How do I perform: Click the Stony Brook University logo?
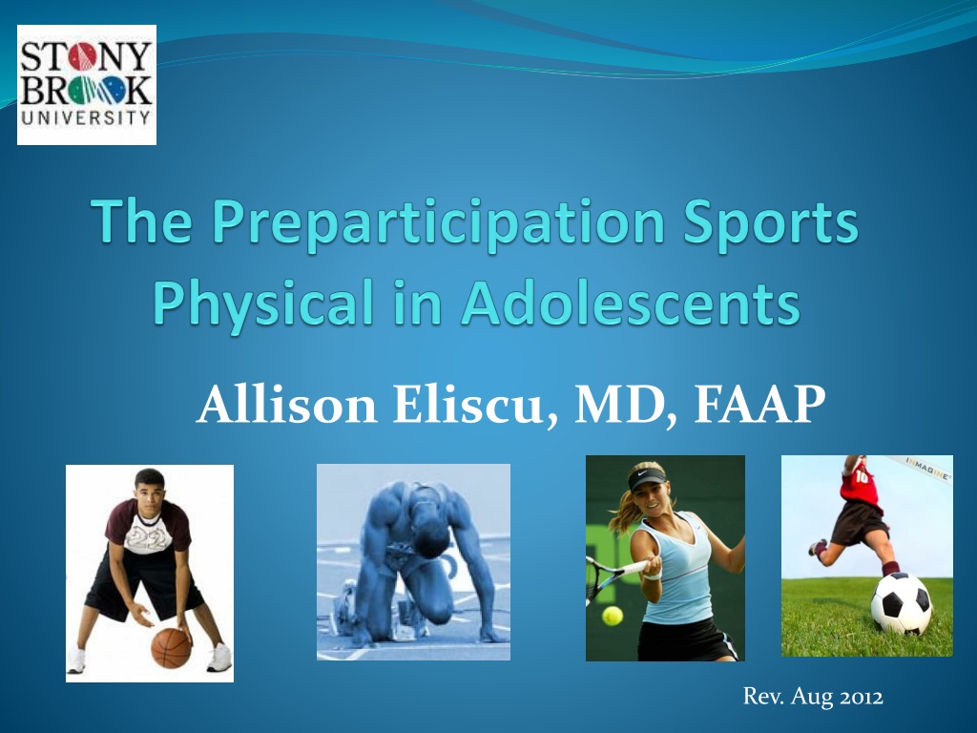[x=87, y=85]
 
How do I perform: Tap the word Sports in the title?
[x=771, y=222]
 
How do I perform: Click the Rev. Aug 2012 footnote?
[x=813, y=696]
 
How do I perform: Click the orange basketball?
[x=172, y=648]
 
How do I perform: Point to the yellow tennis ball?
[x=612, y=616]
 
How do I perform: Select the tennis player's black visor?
[x=642, y=480]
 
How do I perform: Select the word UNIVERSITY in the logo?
[x=86, y=117]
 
